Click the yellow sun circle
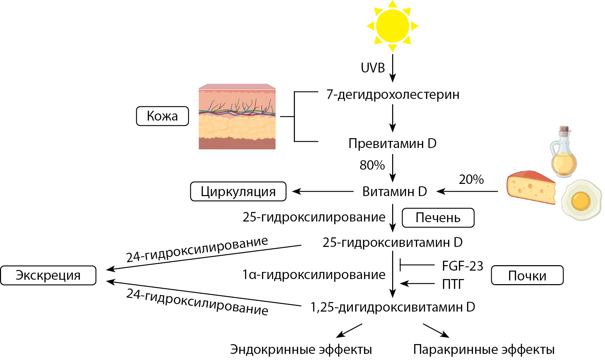click(392, 26)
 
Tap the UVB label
click(373, 68)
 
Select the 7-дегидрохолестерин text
click(393, 94)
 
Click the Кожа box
click(162, 116)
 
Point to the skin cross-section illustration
click(237, 117)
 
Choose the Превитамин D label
click(392, 144)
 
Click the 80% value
click(372, 165)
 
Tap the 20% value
click(471, 179)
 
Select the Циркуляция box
click(238, 192)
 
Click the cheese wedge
click(530, 187)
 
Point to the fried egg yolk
click(581, 200)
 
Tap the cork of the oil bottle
click(564, 130)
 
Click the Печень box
click(438, 218)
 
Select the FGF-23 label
click(463, 266)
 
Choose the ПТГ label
click(453, 284)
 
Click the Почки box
click(527, 276)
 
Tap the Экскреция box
click(48, 275)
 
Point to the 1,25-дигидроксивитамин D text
click(393, 307)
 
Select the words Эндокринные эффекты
click(301, 350)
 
